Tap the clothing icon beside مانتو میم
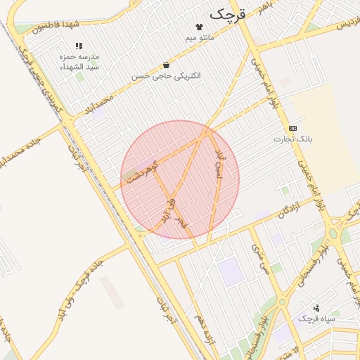click(x=208, y=27)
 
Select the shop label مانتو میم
click(x=200, y=37)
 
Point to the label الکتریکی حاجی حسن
click(x=166, y=75)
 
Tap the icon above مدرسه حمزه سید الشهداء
click(x=79, y=46)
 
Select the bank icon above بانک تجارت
click(x=292, y=128)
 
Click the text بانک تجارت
click(x=292, y=139)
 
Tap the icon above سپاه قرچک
click(x=316, y=307)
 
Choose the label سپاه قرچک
click(x=316, y=319)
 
